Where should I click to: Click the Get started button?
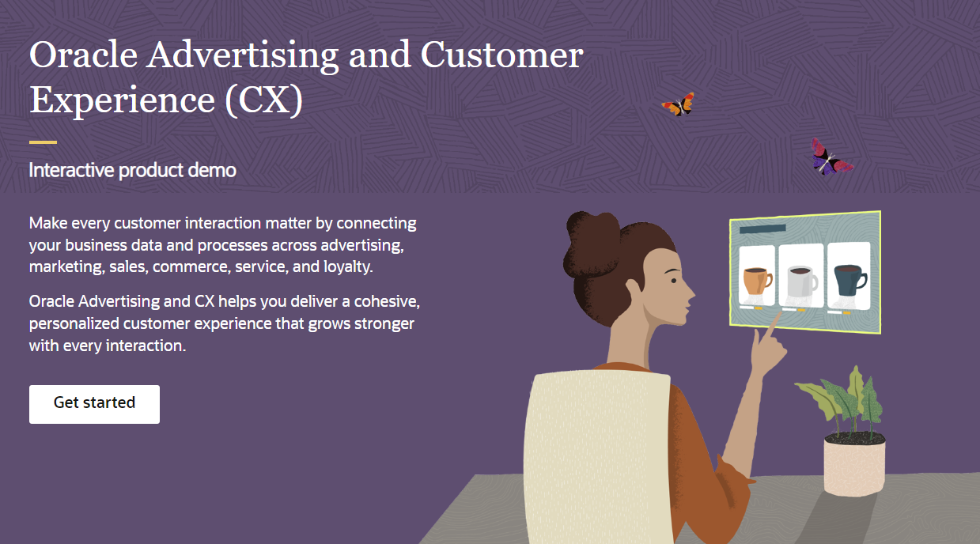click(x=94, y=403)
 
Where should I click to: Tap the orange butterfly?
click(x=679, y=104)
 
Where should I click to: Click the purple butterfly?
click(x=828, y=158)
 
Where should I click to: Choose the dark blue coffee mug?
click(x=849, y=278)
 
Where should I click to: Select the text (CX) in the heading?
click(x=263, y=101)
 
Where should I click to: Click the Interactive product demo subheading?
click(x=132, y=169)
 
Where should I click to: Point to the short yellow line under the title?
click(x=43, y=142)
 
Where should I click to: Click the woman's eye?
click(x=672, y=278)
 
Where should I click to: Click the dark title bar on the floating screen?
click(x=762, y=229)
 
